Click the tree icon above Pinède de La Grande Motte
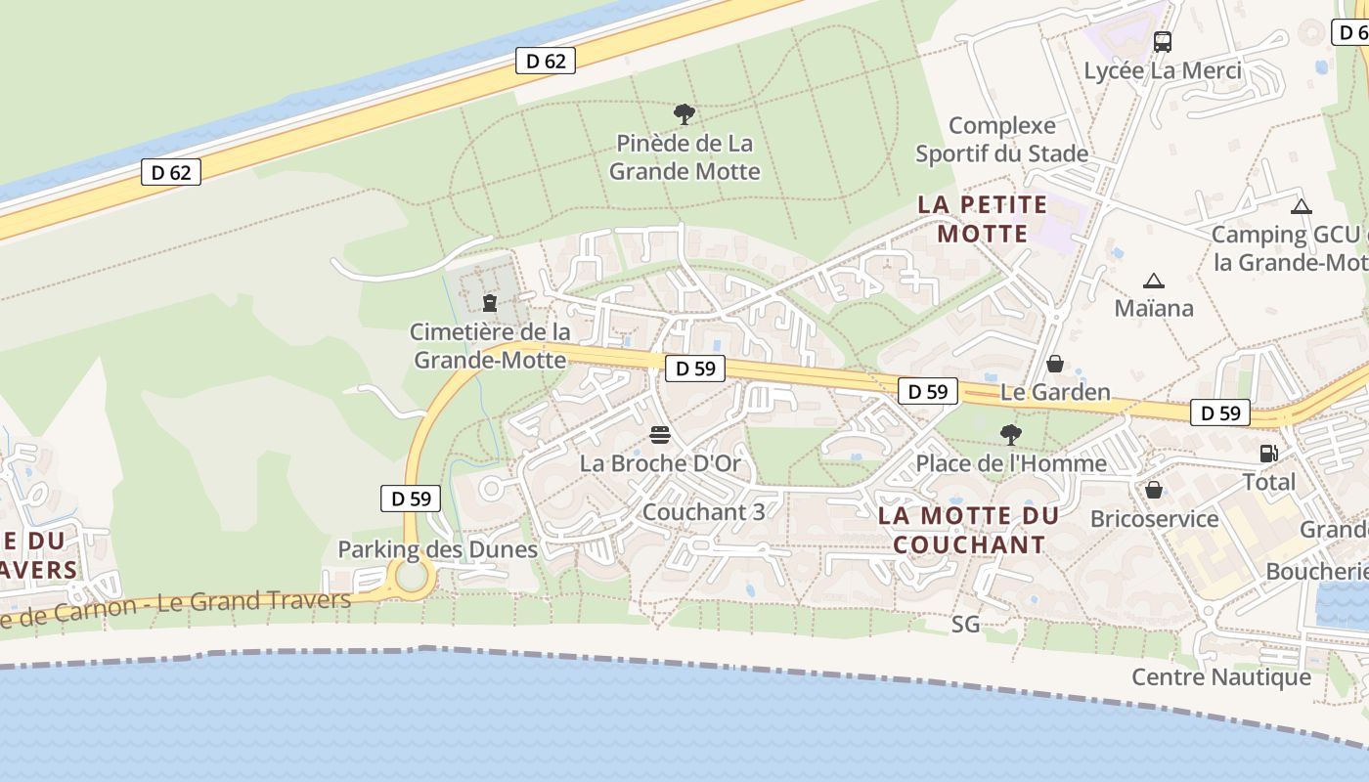tap(684, 114)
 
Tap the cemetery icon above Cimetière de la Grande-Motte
tap(490, 303)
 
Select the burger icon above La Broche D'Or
tap(660, 434)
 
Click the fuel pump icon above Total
tap(1268, 454)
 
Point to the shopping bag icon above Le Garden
tap(1055, 364)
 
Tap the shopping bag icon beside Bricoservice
tap(1154, 490)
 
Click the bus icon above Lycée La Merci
tap(1162, 42)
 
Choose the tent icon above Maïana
tap(1154, 282)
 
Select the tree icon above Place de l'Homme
tap(1010, 434)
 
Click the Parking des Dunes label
tap(437, 549)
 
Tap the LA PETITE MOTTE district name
tap(983, 220)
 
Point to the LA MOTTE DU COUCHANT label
tap(968, 530)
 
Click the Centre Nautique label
tap(1220, 676)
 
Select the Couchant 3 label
tap(703, 511)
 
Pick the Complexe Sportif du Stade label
tap(1002, 140)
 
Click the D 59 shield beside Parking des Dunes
tap(411, 499)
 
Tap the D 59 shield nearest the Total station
tap(1220, 413)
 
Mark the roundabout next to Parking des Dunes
tap(412, 577)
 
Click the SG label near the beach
tap(965, 624)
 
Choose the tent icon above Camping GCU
tap(1301, 207)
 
